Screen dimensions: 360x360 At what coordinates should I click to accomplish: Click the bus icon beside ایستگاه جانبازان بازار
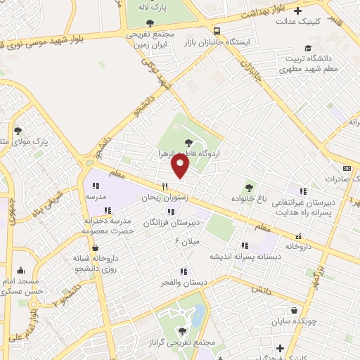(217, 32)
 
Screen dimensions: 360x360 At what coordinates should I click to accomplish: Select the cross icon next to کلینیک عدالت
(298, 11)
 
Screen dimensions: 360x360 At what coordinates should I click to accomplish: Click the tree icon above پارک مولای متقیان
(18, 131)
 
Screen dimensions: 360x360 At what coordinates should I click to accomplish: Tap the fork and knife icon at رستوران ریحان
(165, 186)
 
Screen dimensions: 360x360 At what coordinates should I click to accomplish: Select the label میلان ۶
(187, 242)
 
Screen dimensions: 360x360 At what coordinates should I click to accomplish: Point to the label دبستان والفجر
(185, 282)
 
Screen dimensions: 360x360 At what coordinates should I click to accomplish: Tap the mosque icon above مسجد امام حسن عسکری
(20, 271)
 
